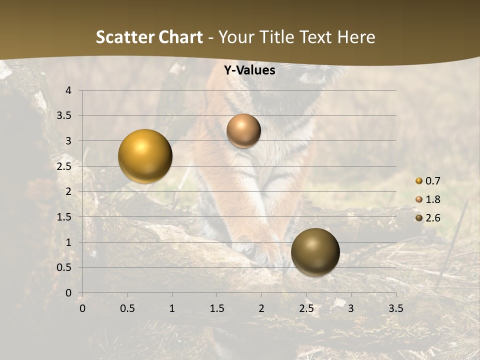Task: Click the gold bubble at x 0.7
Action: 145,156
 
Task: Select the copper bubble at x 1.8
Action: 243,131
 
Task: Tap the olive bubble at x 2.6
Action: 315,252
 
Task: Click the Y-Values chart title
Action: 249,70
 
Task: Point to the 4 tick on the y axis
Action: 68,90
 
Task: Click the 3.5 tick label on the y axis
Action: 64,116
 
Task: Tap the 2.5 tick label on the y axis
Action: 64,166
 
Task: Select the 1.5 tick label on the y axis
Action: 64,217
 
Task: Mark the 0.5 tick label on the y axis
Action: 64,267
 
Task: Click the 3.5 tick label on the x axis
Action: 395,308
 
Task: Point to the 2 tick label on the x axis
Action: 261,308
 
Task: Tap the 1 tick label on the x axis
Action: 172,308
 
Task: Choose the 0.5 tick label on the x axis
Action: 127,308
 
